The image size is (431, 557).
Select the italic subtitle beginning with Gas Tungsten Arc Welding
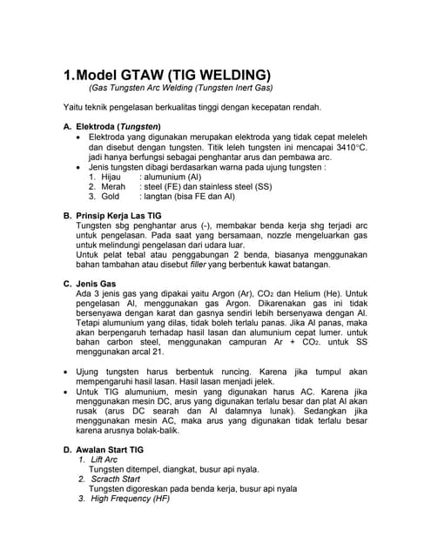pyautogui.click(x=180, y=89)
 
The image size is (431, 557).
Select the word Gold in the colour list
pyautogui.click(x=111, y=197)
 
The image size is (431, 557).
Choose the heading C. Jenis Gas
pyautogui.click(x=91, y=285)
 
